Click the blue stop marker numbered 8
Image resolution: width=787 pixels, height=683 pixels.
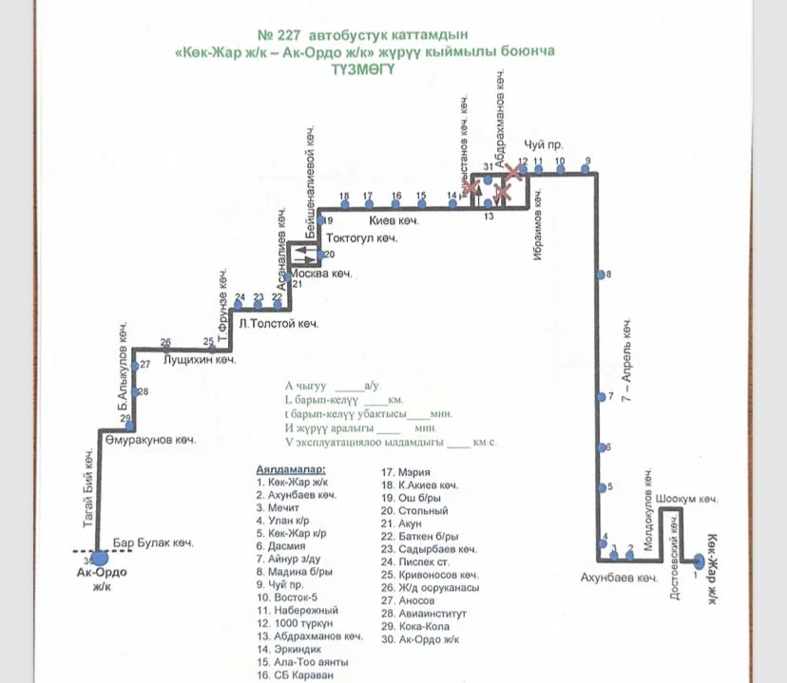pyautogui.click(x=601, y=275)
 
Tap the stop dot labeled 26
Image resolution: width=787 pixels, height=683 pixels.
pyautogui.click(x=166, y=349)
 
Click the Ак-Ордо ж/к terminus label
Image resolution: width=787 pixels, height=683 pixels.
pyautogui.click(x=102, y=579)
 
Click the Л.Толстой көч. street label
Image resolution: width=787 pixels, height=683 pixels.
pyautogui.click(x=278, y=324)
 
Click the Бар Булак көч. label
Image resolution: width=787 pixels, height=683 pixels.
pyautogui.click(x=153, y=543)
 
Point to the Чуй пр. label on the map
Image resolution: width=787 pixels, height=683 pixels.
pyautogui.click(x=550, y=144)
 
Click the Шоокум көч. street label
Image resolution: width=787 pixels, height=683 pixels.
pyautogui.click(x=686, y=498)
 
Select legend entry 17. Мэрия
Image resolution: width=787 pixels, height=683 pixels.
pyautogui.click(x=406, y=472)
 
